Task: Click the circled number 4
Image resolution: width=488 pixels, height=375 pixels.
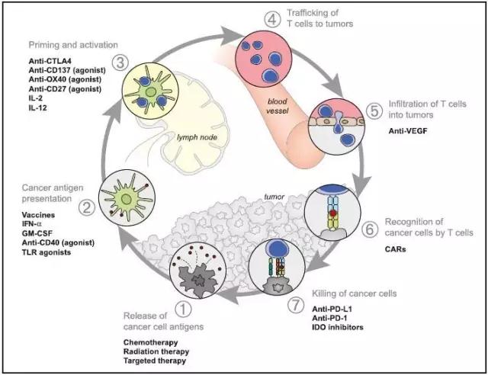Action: (271, 19)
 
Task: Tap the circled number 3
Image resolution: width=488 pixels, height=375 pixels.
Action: (120, 62)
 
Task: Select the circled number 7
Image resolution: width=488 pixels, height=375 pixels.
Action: (295, 306)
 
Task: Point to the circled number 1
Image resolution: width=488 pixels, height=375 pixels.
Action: (183, 309)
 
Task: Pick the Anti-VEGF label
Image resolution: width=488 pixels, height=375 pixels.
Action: (408, 131)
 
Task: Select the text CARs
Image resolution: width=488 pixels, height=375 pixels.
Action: (395, 249)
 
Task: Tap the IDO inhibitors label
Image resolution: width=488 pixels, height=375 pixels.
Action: (338, 328)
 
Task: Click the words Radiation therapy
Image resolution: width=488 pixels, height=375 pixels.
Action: (156, 351)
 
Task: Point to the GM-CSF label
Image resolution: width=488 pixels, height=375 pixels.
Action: (37, 233)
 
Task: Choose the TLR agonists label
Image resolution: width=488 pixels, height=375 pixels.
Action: (47, 252)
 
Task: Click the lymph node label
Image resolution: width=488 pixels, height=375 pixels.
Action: (197, 137)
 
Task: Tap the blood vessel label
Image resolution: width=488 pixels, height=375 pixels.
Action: (278, 106)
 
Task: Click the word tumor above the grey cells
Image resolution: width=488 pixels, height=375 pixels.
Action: (274, 197)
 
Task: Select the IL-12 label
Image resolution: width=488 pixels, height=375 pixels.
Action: (37, 108)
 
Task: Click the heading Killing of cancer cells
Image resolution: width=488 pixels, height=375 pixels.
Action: (354, 293)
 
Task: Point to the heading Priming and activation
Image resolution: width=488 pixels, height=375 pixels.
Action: (73, 45)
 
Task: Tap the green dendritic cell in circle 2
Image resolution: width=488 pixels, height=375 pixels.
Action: (127, 198)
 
